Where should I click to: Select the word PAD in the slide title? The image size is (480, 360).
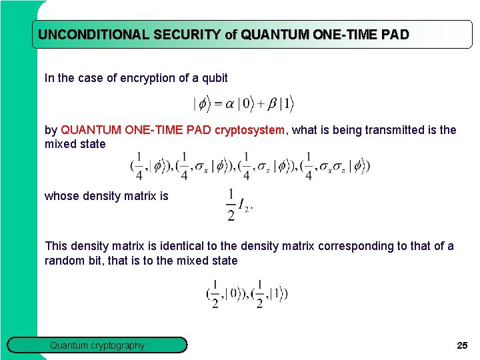[395, 35]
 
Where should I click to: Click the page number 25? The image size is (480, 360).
[462, 345]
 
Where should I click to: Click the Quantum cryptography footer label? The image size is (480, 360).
[97, 345]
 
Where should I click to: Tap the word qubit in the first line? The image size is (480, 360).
[213, 78]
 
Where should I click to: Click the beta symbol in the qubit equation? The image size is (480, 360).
[272, 104]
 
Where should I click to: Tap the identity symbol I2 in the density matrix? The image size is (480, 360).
[245, 208]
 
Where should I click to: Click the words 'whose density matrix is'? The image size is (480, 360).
[107, 196]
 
